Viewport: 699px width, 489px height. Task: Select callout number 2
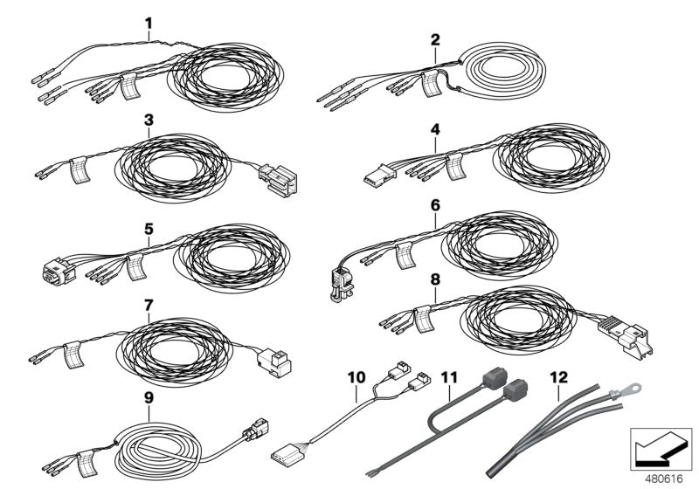click(x=435, y=39)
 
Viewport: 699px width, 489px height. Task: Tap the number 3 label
click(x=149, y=118)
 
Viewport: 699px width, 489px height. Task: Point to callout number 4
click(x=435, y=128)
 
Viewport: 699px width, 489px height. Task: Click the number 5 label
click(x=149, y=229)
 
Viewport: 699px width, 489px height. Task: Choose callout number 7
click(x=149, y=306)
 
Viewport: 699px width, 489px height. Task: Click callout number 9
click(x=149, y=396)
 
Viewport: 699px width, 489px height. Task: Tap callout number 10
click(x=356, y=377)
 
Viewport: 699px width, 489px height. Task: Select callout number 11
click(x=449, y=377)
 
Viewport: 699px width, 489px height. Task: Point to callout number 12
click(x=556, y=377)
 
